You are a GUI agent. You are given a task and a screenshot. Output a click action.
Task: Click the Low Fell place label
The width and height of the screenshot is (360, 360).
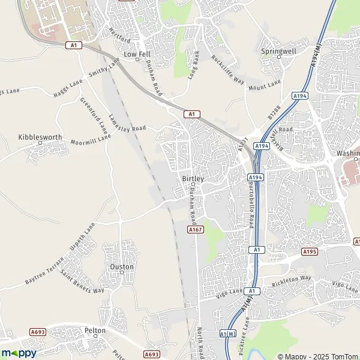pos(136,54)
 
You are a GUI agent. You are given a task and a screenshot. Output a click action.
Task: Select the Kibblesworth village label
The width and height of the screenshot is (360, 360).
pos(40,137)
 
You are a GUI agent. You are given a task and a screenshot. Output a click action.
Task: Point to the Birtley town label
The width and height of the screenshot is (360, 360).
pos(193,179)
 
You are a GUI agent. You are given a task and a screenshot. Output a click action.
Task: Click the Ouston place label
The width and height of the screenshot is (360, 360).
pos(122,266)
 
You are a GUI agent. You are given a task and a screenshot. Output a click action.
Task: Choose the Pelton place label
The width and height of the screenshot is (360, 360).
pos(95,331)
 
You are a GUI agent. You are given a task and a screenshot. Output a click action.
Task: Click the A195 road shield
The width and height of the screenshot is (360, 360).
pos(310,251)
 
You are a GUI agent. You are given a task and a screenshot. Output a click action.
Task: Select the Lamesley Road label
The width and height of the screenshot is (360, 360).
pos(127,122)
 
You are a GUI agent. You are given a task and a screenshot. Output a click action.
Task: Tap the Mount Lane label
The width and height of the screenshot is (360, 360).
pos(264,85)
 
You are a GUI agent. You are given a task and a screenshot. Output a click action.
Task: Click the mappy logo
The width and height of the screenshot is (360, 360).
pos(19,353)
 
